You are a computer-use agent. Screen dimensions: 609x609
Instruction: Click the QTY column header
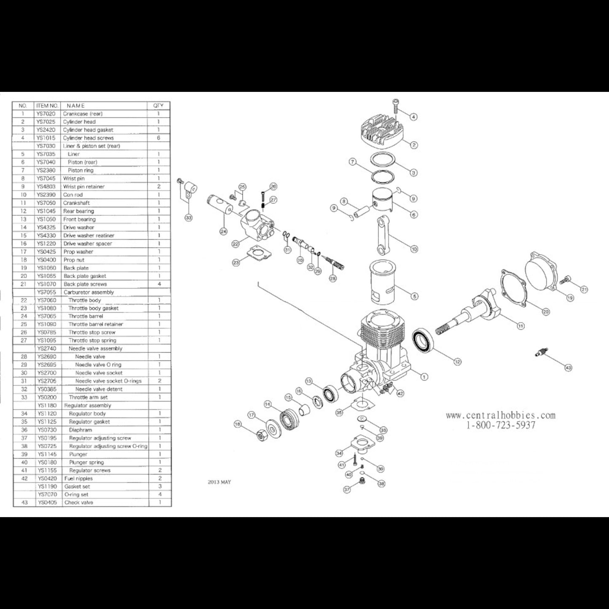point(158,105)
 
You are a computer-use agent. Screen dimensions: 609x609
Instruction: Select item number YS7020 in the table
point(46,114)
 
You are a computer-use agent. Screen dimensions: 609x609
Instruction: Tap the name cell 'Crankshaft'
point(76,203)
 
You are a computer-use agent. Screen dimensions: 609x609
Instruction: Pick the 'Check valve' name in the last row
point(79,502)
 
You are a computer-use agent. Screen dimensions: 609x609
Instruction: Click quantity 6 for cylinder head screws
point(159,138)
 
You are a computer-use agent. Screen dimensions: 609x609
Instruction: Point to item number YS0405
point(47,502)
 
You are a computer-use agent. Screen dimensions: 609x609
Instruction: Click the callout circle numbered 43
point(568,368)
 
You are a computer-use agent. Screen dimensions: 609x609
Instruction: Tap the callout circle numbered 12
point(457,361)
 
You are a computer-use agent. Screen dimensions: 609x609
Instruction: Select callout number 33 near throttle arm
point(188,217)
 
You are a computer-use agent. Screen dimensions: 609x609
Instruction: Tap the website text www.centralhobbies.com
point(500,416)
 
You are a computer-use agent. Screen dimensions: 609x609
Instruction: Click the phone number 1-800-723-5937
point(500,425)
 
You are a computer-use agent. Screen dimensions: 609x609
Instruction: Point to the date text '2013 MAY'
point(219,482)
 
